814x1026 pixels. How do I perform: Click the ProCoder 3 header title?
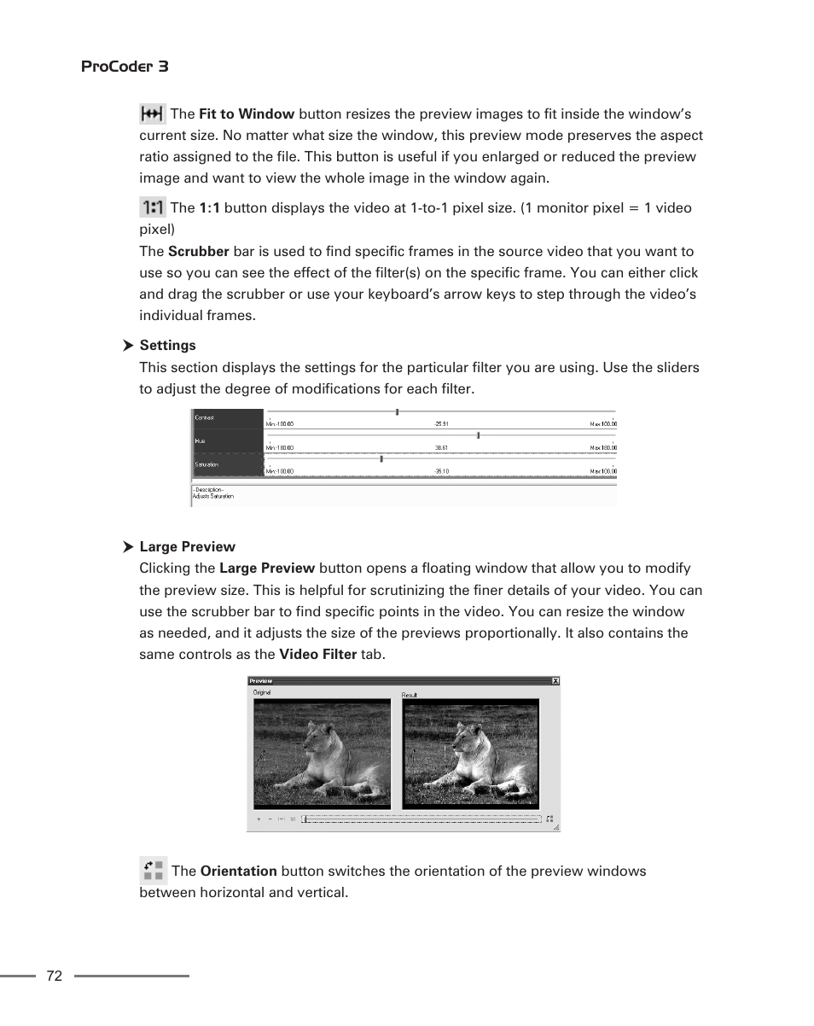pyautogui.click(x=125, y=67)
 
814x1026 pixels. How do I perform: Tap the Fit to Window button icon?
pyautogui.click(x=152, y=114)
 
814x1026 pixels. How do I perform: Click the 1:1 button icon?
pyautogui.click(x=152, y=207)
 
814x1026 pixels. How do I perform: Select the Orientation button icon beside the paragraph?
pyautogui.click(x=153, y=871)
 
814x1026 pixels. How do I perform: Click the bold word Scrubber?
pyautogui.click(x=198, y=252)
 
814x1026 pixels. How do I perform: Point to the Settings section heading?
pyautogui.click(x=167, y=346)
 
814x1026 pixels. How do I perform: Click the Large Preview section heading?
pyautogui.click(x=187, y=547)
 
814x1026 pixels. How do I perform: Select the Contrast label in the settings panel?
pyautogui.click(x=205, y=418)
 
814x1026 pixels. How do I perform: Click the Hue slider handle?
pyautogui.click(x=478, y=435)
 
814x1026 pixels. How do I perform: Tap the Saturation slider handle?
pyautogui.click(x=381, y=458)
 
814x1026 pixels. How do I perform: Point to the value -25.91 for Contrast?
pyautogui.click(x=441, y=424)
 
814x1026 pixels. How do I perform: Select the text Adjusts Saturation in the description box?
pyautogui.click(x=213, y=496)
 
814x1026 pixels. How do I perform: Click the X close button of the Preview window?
pyautogui.click(x=555, y=681)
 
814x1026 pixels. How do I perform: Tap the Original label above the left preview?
pyautogui.click(x=261, y=693)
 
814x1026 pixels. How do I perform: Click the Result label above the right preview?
pyautogui.click(x=410, y=695)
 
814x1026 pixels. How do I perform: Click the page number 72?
pyautogui.click(x=55, y=976)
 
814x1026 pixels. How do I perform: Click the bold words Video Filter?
pyautogui.click(x=318, y=655)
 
